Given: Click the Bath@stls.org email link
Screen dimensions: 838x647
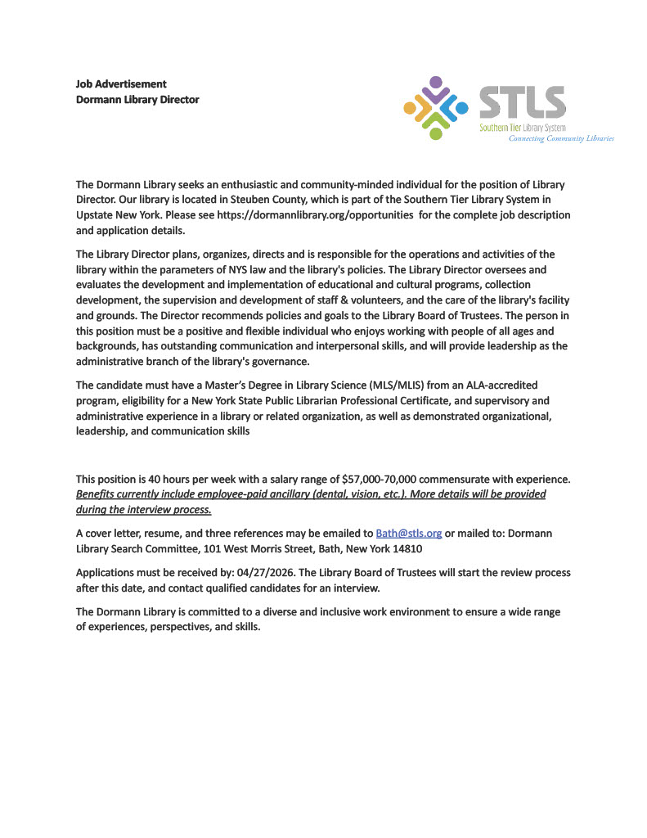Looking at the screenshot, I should tap(408, 533).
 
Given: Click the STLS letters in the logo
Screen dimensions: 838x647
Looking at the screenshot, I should tap(522, 102).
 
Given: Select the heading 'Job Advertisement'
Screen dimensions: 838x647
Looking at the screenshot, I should tap(121, 83).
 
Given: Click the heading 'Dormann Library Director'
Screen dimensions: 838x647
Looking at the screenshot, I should tap(137, 100).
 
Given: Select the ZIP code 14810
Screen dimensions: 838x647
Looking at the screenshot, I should tap(406, 548).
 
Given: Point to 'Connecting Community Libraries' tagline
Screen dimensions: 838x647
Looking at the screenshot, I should tap(561, 138).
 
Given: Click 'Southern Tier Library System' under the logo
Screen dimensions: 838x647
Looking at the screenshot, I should tap(522, 128).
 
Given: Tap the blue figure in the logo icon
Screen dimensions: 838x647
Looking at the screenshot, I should tap(461, 107).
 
